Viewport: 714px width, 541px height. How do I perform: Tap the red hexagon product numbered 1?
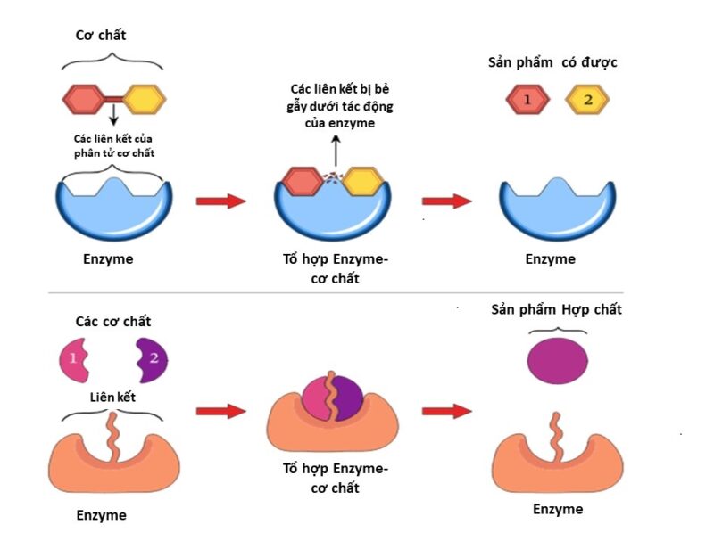527,100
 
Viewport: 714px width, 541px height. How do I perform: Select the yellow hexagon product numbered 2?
586,100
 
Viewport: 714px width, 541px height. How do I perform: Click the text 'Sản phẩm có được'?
552,62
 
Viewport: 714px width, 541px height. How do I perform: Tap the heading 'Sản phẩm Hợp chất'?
556,309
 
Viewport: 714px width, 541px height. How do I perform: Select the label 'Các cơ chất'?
113,321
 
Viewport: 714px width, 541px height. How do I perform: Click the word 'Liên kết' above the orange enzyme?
113,395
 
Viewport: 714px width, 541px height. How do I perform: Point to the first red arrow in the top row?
220,201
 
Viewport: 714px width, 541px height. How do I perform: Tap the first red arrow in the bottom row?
220,411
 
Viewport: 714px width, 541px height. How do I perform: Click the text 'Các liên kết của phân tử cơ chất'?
113,145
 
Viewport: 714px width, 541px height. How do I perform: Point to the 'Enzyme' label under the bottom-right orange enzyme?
558,509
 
